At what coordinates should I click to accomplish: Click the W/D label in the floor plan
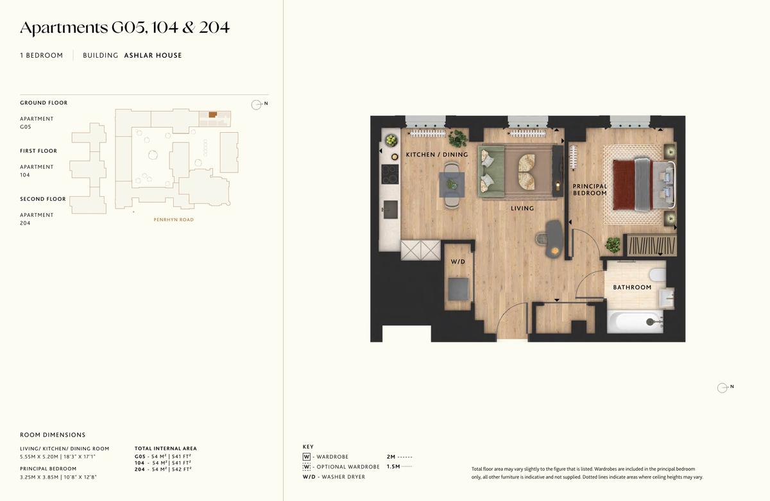[x=458, y=262]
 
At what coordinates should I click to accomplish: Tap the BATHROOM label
[x=632, y=287]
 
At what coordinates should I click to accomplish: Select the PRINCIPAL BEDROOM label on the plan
[x=590, y=189]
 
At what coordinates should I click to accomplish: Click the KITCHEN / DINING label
[x=437, y=155]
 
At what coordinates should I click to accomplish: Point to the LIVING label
[x=522, y=208]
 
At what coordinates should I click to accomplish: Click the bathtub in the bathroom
[x=635, y=321]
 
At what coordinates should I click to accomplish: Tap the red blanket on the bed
[x=624, y=185]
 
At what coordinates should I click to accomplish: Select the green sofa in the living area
[x=491, y=171]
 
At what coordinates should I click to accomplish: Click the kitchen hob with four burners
[x=390, y=174]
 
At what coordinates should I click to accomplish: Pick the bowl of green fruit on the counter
[x=391, y=140]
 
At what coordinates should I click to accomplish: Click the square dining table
[x=452, y=185]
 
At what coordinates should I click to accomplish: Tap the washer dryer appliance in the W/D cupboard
[x=458, y=289]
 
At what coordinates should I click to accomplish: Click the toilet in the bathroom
[x=658, y=275]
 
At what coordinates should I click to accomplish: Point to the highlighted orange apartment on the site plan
[x=213, y=115]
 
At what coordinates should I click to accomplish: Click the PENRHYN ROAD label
[x=174, y=219]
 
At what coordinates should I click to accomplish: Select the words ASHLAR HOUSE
[x=153, y=55]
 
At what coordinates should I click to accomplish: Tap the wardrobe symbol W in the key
[x=306, y=457]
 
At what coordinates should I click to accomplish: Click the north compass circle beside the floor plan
[x=723, y=388]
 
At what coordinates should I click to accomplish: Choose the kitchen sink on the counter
[x=391, y=210]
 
